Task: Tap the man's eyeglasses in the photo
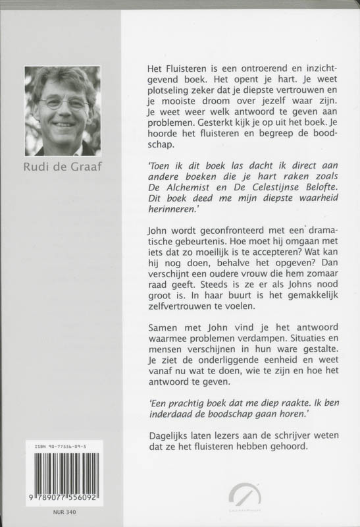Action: point(64,103)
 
